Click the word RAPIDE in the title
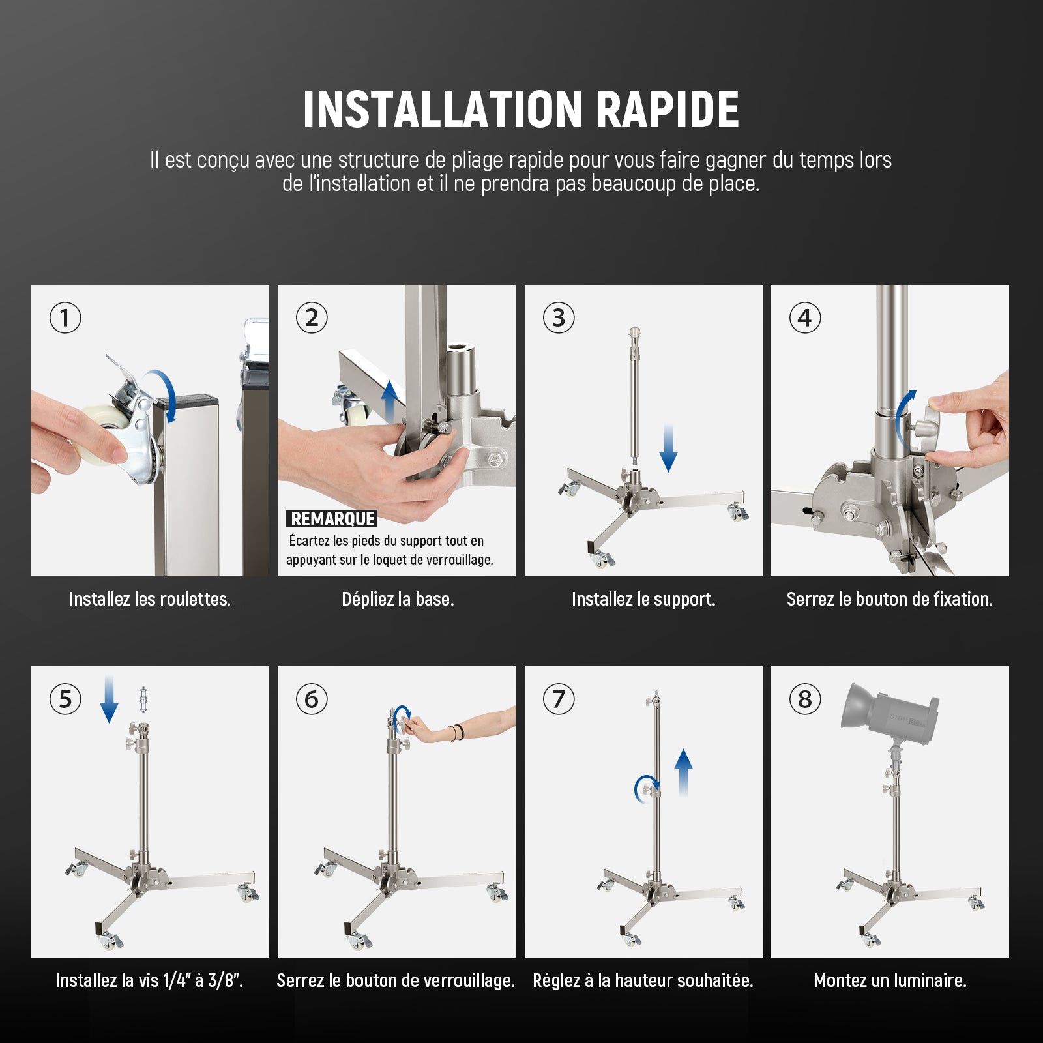click(667, 109)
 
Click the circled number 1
click(65, 318)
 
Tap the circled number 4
click(805, 318)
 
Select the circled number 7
click(559, 699)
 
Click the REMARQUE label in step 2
click(332, 519)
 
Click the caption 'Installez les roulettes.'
click(150, 599)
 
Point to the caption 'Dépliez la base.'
click(398, 599)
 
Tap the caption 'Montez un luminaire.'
click(890, 980)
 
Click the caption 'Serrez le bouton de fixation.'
click(890, 599)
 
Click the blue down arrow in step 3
click(668, 448)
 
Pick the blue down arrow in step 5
click(109, 699)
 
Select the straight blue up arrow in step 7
click(683, 772)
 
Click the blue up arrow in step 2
click(389, 402)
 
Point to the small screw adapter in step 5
click(143, 700)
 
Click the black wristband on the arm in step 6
click(452, 733)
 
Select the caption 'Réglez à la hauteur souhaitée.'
click(643, 980)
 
